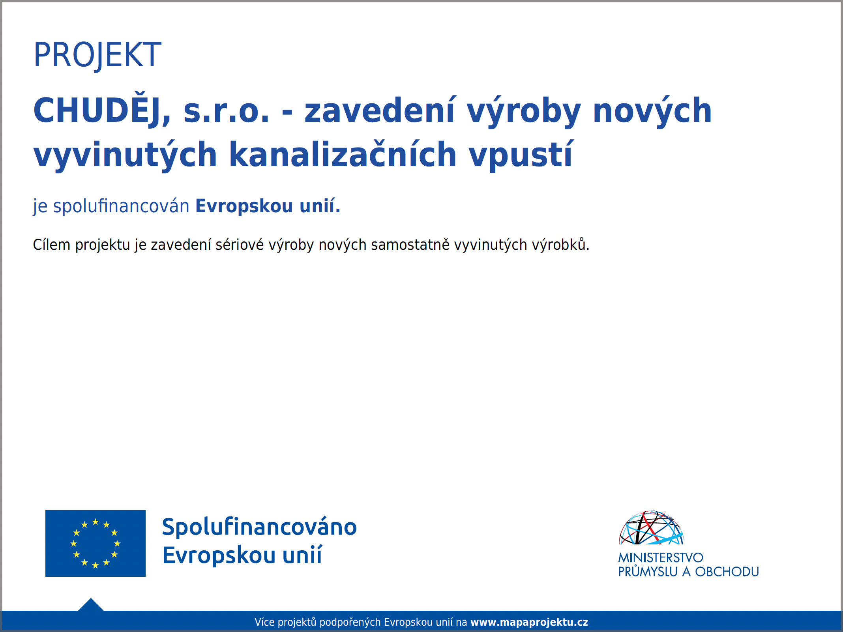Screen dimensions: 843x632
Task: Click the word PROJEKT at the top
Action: pos(97,55)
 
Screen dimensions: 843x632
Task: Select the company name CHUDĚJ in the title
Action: pos(102,110)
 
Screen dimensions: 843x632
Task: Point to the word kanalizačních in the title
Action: pos(343,154)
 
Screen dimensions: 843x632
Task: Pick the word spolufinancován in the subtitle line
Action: pos(121,206)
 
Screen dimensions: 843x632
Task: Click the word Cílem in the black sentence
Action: pos(52,245)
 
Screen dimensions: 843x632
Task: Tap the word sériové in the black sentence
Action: pos(240,245)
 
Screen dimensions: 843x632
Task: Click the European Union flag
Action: pos(96,543)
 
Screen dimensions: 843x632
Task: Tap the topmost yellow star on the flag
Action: pos(96,522)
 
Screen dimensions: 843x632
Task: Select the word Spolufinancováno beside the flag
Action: pos(259,527)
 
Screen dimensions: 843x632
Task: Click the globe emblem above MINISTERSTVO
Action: pos(651,527)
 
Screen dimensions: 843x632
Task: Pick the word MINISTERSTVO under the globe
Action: pos(661,557)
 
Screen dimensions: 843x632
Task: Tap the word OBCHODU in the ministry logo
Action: pos(727,572)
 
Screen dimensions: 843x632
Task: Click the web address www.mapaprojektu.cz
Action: pos(529,622)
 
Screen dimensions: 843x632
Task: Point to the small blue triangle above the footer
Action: pos(91,605)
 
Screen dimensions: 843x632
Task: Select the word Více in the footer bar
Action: pos(264,622)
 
